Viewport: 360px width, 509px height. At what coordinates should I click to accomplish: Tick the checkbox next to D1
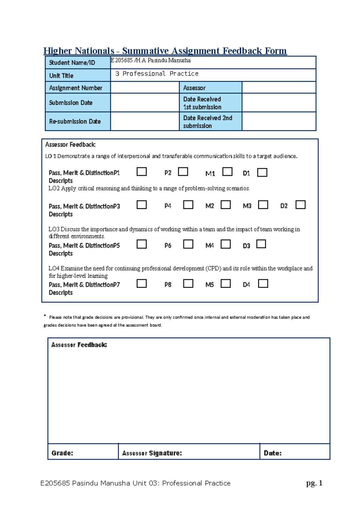(262, 173)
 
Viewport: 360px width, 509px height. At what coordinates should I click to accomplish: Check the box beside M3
(263, 205)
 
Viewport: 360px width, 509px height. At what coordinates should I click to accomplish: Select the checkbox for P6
(188, 244)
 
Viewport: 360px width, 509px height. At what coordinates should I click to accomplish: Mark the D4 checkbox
(263, 284)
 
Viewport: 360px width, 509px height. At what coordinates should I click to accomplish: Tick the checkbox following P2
(183, 172)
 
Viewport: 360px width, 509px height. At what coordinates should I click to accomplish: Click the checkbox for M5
(226, 284)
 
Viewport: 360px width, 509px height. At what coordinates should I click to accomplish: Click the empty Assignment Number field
(145, 88)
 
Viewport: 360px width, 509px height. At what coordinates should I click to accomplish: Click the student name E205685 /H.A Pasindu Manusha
(151, 60)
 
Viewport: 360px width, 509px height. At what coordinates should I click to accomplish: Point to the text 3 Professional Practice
(157, 74)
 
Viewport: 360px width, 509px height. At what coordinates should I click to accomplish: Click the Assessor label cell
(210, 88)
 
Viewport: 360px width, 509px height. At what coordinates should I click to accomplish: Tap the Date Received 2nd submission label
(210, 122)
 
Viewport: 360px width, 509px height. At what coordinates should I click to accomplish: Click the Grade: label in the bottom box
(62, 453)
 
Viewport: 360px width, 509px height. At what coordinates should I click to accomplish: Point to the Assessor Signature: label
(152, 453)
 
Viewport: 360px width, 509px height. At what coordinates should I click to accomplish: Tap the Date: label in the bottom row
(272, 453)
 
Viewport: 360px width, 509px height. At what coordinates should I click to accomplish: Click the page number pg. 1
(314, 483)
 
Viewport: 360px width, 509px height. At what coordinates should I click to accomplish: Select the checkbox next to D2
(300, 205)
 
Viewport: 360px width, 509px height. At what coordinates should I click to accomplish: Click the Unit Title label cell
(78, 76)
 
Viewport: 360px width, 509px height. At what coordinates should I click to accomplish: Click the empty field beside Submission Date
(145, 103)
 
